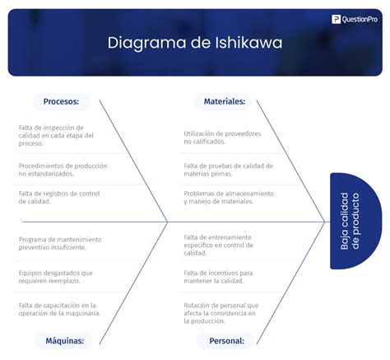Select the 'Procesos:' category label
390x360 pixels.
click(61, 101)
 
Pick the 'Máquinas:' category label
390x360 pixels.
click(62, 340)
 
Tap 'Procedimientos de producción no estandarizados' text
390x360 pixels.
click(63, 170)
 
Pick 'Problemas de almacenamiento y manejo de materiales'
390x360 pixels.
click(228, 197)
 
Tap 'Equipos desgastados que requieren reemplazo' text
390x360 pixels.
click(55, 276)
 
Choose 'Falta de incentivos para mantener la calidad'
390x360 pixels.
click(218, 276)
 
